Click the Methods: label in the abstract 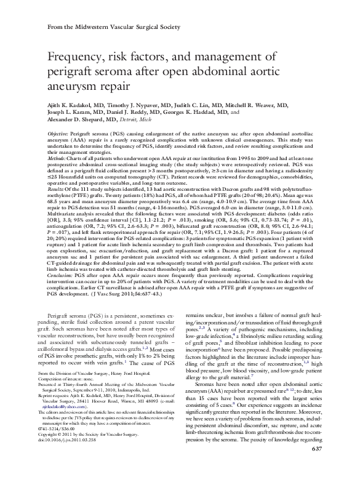58,158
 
